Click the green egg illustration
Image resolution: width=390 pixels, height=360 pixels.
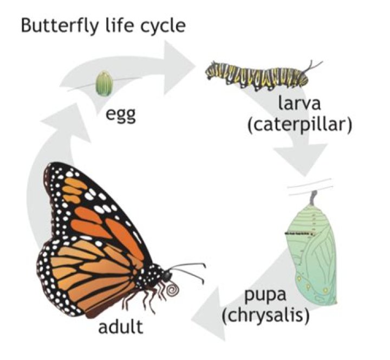[x=105, y=83]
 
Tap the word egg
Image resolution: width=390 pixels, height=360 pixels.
[x=121, y=115]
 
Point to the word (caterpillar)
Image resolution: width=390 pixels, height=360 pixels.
[x=300, y=125]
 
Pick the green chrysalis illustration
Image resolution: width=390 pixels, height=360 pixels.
[x=312, y=249]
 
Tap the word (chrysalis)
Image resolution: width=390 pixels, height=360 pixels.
[x=266, y=316]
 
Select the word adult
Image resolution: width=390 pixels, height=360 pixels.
[x=121, y=326]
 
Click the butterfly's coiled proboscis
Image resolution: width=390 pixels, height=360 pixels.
[x=172, y=290]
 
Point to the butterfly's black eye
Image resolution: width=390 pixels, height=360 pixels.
[x=167, y=275]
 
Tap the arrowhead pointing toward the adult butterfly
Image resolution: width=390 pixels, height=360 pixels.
[x=209, y=314]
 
